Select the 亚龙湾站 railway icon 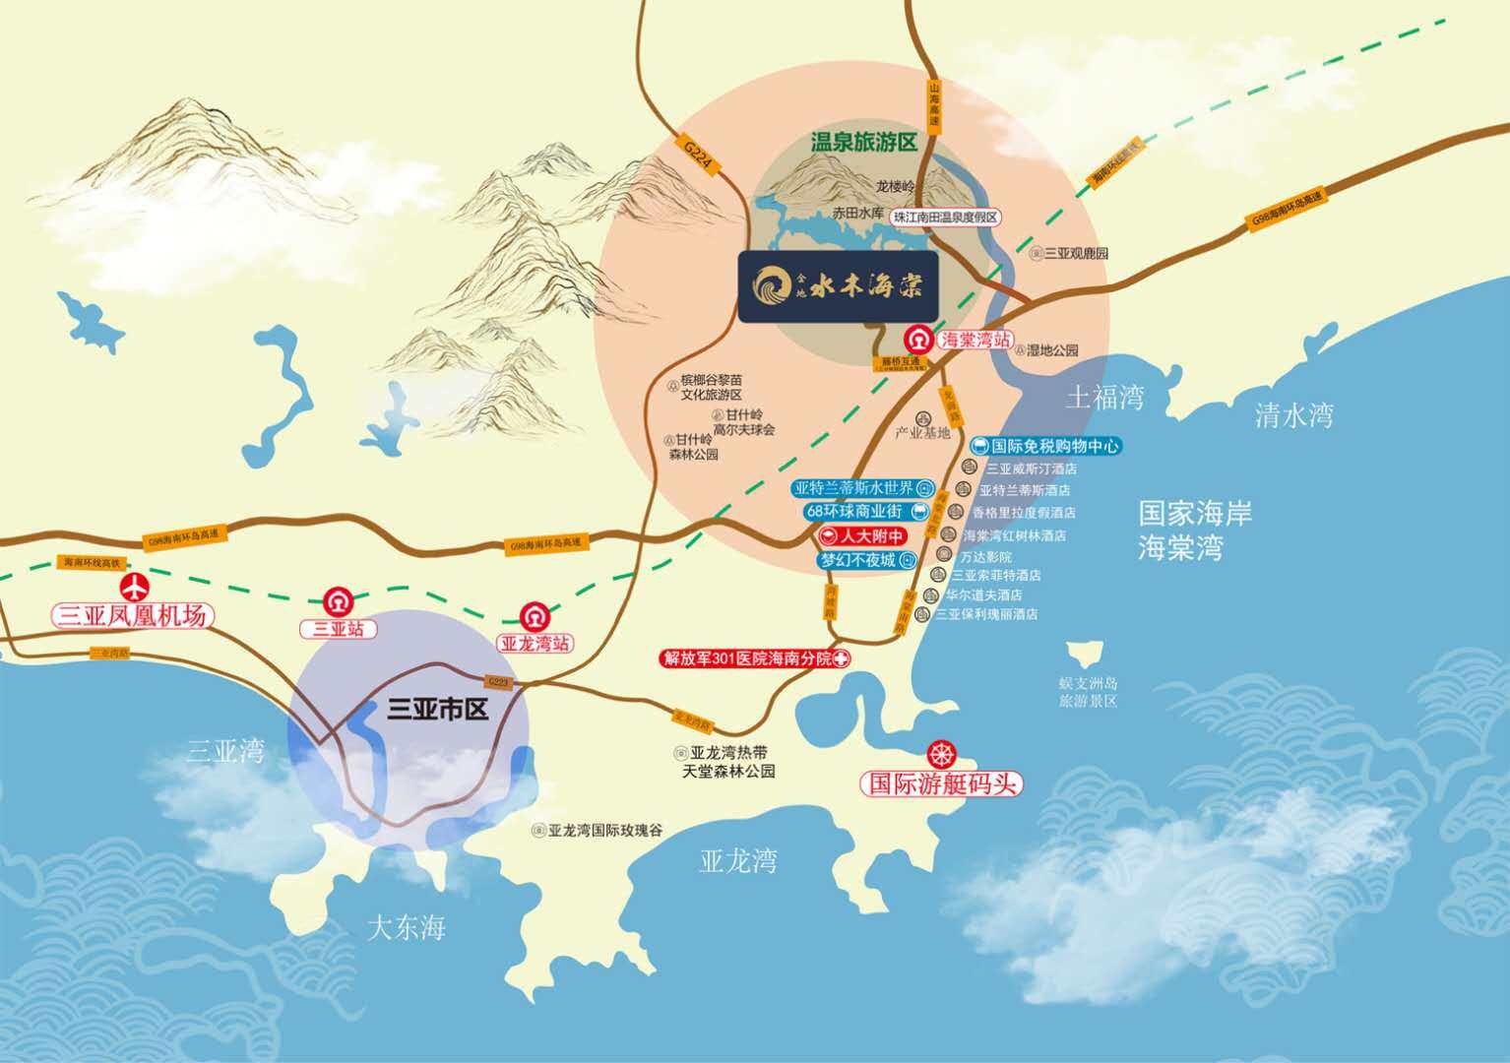534,615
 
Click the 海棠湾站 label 973,340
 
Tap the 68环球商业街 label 854,511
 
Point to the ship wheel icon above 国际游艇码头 943,755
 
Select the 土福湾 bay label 1105,398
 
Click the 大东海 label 407,928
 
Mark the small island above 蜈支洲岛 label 1087,653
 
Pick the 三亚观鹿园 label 1075,253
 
